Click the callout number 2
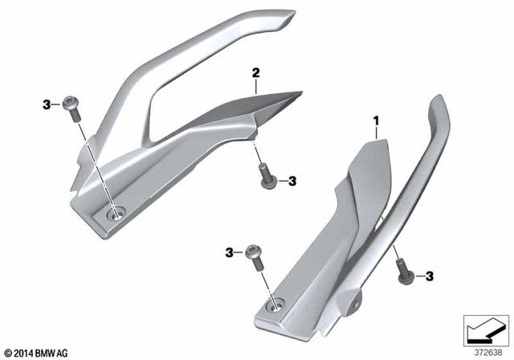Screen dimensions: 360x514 (255, 73)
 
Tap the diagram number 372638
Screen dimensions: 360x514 (483, 351)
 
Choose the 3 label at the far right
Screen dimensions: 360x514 (429, 276)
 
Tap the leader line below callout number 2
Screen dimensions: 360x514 (255, 86)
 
